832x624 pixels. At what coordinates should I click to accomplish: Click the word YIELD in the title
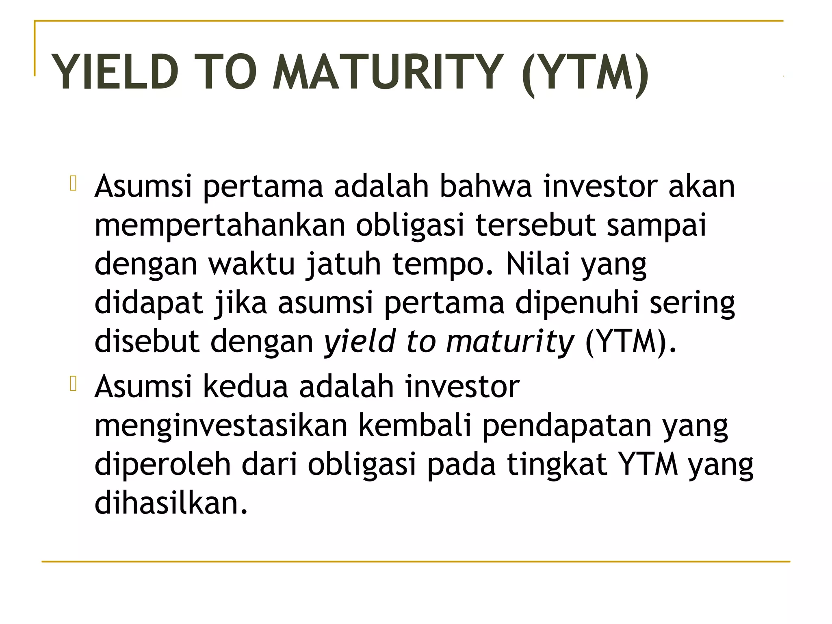pyautogui.click(x=115, y=72)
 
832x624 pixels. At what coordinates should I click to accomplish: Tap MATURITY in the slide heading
pyautogui.click(x=388, y=72)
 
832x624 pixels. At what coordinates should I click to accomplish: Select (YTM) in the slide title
pyautogui.click(x=585, y=73)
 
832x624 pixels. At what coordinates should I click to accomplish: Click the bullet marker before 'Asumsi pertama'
pyautogui.click(x=73, y=183)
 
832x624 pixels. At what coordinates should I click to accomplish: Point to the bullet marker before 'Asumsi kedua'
pyautogui.click(x=73, y=383)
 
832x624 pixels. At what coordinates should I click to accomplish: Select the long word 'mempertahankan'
pyautogui.click(x=220, y=226)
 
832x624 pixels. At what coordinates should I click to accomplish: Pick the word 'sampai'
pyautogui.click(x=656, y=226)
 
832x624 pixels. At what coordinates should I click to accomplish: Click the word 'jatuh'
pyautogui.click(x=344, y=264)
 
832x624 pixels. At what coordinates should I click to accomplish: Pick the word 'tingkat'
pyautogui.click(x=557, y=465)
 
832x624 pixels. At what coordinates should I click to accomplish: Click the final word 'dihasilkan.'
pyautogui.click(x=171, y=503)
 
